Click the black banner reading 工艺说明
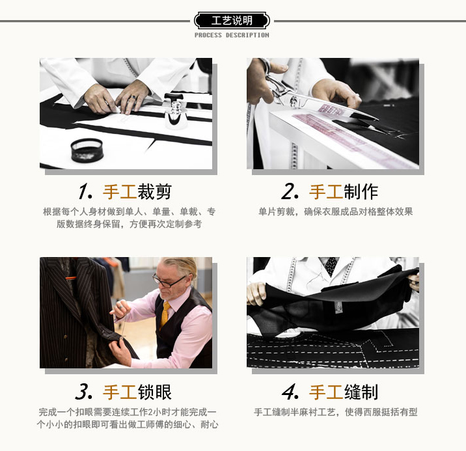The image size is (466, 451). coord(232,21)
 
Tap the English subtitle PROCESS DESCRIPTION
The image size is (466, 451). coord(232,35)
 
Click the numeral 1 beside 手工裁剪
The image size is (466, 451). coord(85,191)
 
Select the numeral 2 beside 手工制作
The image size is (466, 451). coord(290,191)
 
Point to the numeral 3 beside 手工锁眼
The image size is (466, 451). coord(84,392)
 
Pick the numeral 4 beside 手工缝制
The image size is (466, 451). coord(290,392)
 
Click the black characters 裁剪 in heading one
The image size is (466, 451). coord(154,192)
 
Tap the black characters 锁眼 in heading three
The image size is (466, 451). coord(154,392)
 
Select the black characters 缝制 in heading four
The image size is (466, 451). coord(361,392)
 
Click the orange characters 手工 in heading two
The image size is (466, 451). coord(326,192)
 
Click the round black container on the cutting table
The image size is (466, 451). coord(87,150)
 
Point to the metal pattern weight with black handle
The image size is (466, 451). coord(175,111)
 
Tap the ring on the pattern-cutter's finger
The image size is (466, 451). coord(133,98)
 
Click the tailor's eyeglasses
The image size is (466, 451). coord(169,280)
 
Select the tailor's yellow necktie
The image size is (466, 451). coord(165,315)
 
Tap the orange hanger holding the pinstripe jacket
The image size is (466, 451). coord(71,278)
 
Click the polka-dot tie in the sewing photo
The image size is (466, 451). coord(331,266)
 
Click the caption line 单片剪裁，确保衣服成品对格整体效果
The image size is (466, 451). coord(336,212)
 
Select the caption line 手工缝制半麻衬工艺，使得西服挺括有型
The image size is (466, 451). coord(336,412)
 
